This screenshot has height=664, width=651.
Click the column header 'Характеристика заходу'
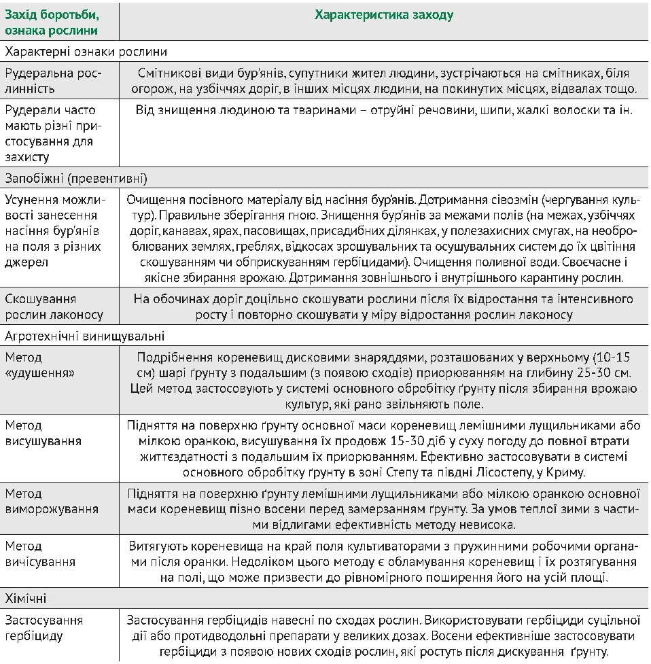pyautogui.click(x=384, y=15)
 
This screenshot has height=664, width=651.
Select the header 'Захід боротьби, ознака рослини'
pyautogui.click(x=52, y=22)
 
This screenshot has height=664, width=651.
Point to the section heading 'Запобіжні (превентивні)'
pyautogui.click(x=76, y=179)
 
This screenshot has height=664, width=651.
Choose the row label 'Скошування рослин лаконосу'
pyautogui.click(x=54, y=307)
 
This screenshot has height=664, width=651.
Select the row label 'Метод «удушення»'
pyautogui.click(x=40, y=365)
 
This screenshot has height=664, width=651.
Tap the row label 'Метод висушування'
pyautogui.click(x=43, y=433)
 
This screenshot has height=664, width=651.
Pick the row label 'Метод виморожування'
pyautogui.click(x=51, y=502)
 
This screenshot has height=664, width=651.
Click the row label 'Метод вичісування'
pyautogui.click(x=40, y=554)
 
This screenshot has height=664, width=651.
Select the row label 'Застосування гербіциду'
pyautogui.click(x=43, y=628)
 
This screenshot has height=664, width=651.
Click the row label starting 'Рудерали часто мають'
pyautogui.click(x=51, y=133)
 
